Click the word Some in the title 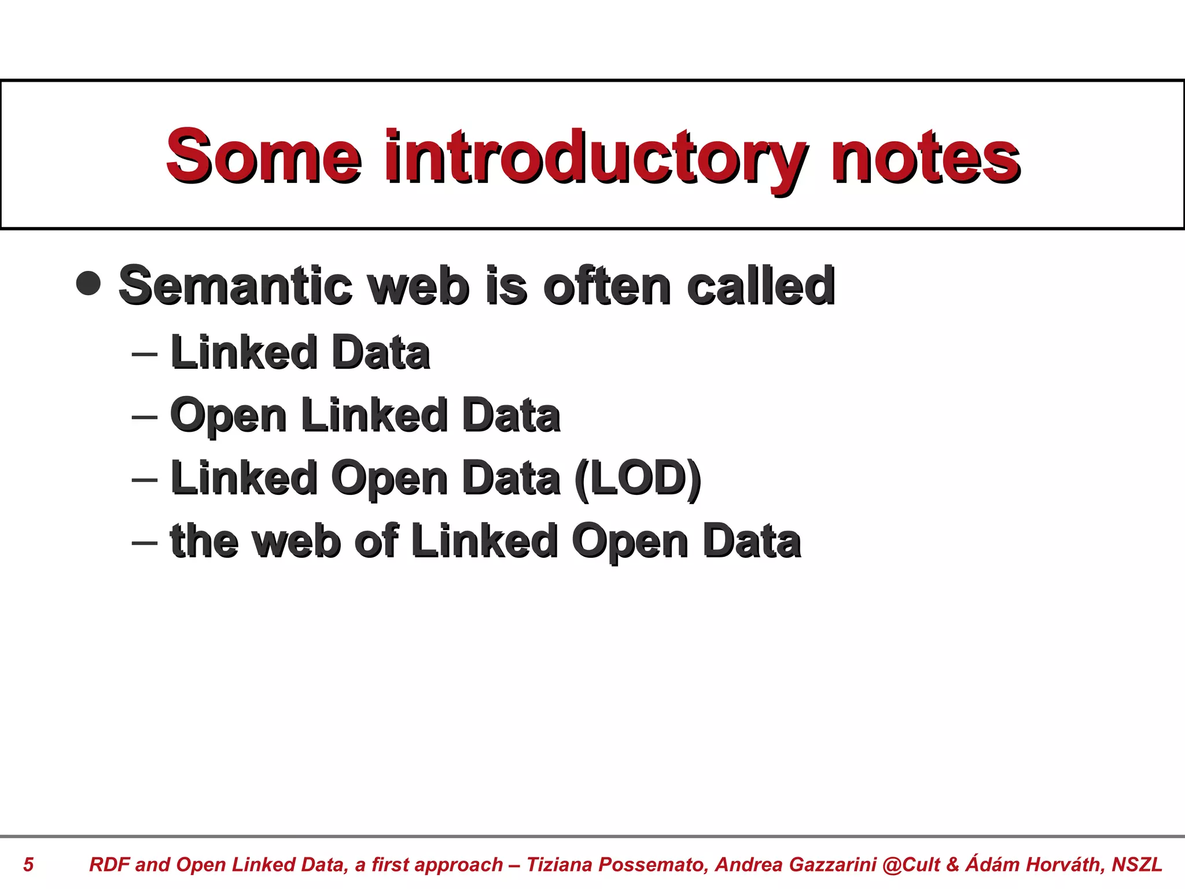263,156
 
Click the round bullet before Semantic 89,283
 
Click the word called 760,286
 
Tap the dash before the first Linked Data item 145,353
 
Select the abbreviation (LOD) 638,479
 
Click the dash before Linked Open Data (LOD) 145,479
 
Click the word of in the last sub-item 376,542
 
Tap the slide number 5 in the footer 28,865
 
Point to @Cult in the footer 911,865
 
